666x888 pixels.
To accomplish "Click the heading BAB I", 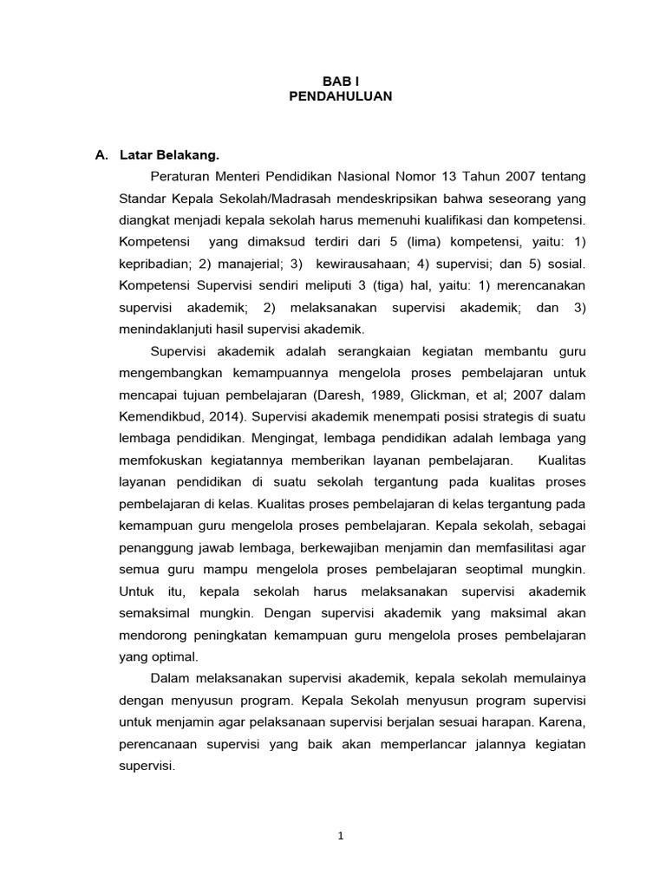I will click(x=340, y=80).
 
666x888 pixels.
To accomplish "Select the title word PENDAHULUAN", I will click(x=340, y=96).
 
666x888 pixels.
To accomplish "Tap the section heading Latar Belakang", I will click(x=170, y=156).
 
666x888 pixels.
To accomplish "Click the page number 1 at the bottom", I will click(x=341, y=836).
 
